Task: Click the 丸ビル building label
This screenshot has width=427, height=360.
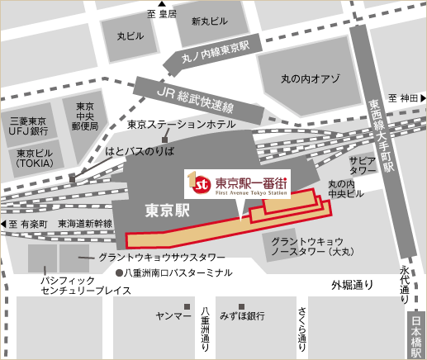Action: [128, 36]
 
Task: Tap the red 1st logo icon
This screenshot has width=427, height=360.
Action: [196, 179]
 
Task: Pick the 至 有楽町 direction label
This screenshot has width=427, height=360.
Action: [29, 224]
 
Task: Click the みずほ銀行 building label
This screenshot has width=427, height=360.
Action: [242, 316]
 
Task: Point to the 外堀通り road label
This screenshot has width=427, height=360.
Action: [353, 286]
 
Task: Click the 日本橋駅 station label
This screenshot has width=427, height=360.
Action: [416, 334]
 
